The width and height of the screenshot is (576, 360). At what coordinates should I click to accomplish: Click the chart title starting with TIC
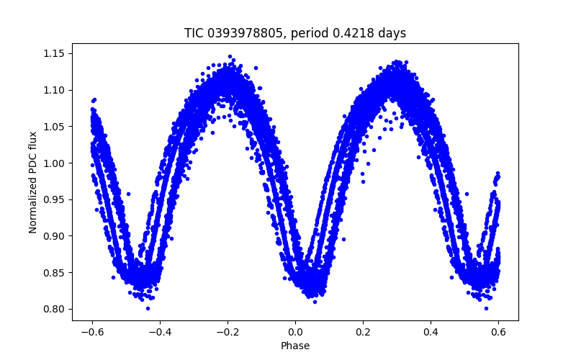(295, 33)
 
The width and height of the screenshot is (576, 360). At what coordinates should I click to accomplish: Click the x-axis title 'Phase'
(295, 346)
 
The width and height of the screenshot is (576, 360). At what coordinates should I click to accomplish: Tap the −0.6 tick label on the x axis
(91, 332)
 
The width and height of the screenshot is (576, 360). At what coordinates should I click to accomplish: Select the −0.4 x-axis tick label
(159, 332)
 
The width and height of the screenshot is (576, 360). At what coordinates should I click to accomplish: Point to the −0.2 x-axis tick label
(228, 332)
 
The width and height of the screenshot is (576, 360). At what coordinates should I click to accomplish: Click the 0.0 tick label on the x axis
(295, 332)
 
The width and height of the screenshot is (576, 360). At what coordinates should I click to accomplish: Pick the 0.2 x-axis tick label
(364, 332)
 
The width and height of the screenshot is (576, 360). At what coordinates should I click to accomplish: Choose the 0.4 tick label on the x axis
(431, 332)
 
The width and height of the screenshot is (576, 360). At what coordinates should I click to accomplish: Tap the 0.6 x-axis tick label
(499, 332)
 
